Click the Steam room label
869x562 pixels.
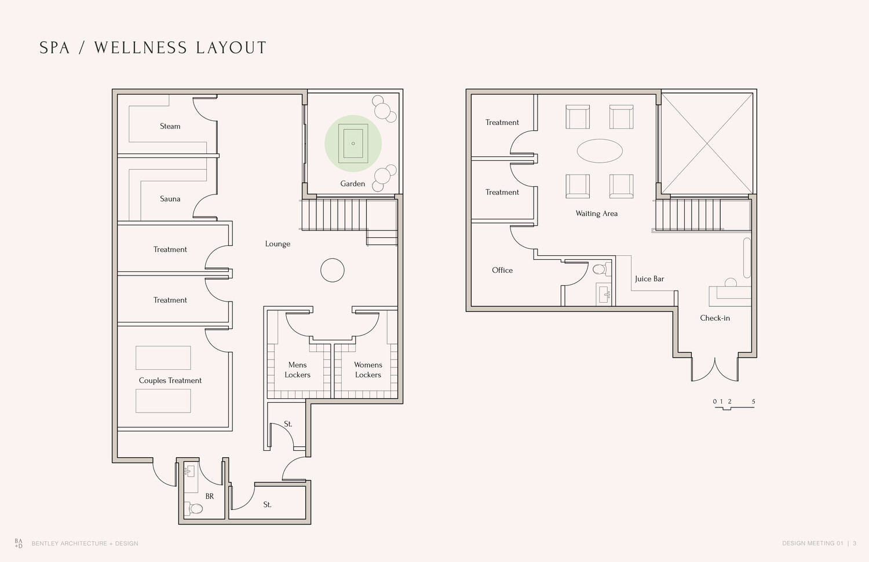point(170,126)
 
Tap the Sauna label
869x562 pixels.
point(170,199)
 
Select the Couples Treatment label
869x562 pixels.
point(170,381)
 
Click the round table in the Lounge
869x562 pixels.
point(333,270)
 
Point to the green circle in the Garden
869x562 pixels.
point(353,144)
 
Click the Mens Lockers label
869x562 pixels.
point(298,370)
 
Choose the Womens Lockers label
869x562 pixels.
point(368,370)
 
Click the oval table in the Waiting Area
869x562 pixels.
point(600,150)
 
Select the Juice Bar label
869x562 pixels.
point(649,278)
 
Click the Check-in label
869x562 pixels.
point(715,318)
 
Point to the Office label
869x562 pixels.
point(502,270)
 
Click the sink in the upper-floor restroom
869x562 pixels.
point(604,295)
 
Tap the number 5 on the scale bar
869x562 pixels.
point(753,402)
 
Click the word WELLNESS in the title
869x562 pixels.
point(141,47)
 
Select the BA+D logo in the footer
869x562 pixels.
point(19,543)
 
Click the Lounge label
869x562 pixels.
point(278,244)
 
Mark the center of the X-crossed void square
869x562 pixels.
point(707,144)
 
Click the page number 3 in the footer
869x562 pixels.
point(855,543)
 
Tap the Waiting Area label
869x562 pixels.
point(597,214)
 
